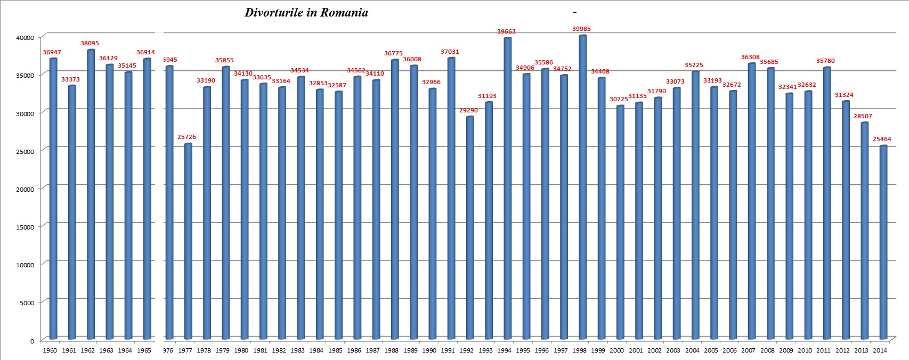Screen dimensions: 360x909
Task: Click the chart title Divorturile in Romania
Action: pos(306,13)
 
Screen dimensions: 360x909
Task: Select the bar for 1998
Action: pos(582,186)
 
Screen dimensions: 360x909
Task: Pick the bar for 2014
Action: pos(883,242)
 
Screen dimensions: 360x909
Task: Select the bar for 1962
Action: pos(91,194)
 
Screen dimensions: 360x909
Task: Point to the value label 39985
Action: pos(581,29)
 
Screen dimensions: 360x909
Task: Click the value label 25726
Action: pos(186,137)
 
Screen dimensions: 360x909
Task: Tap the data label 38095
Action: pos(90,43)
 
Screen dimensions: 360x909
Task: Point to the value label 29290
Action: pos(468,110)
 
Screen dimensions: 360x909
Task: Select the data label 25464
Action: pos(882,139)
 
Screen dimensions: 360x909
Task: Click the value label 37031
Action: pos(450,52)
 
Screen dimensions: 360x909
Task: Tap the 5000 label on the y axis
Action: pos(27,303)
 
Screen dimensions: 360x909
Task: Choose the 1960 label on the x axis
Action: pos(50,350)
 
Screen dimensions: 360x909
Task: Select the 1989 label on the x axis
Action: pos(410,350)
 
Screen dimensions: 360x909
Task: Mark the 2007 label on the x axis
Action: pos(748,350)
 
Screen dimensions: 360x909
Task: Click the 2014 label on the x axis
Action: pos(880,350)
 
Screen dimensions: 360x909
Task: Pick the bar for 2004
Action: pos(695,204)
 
